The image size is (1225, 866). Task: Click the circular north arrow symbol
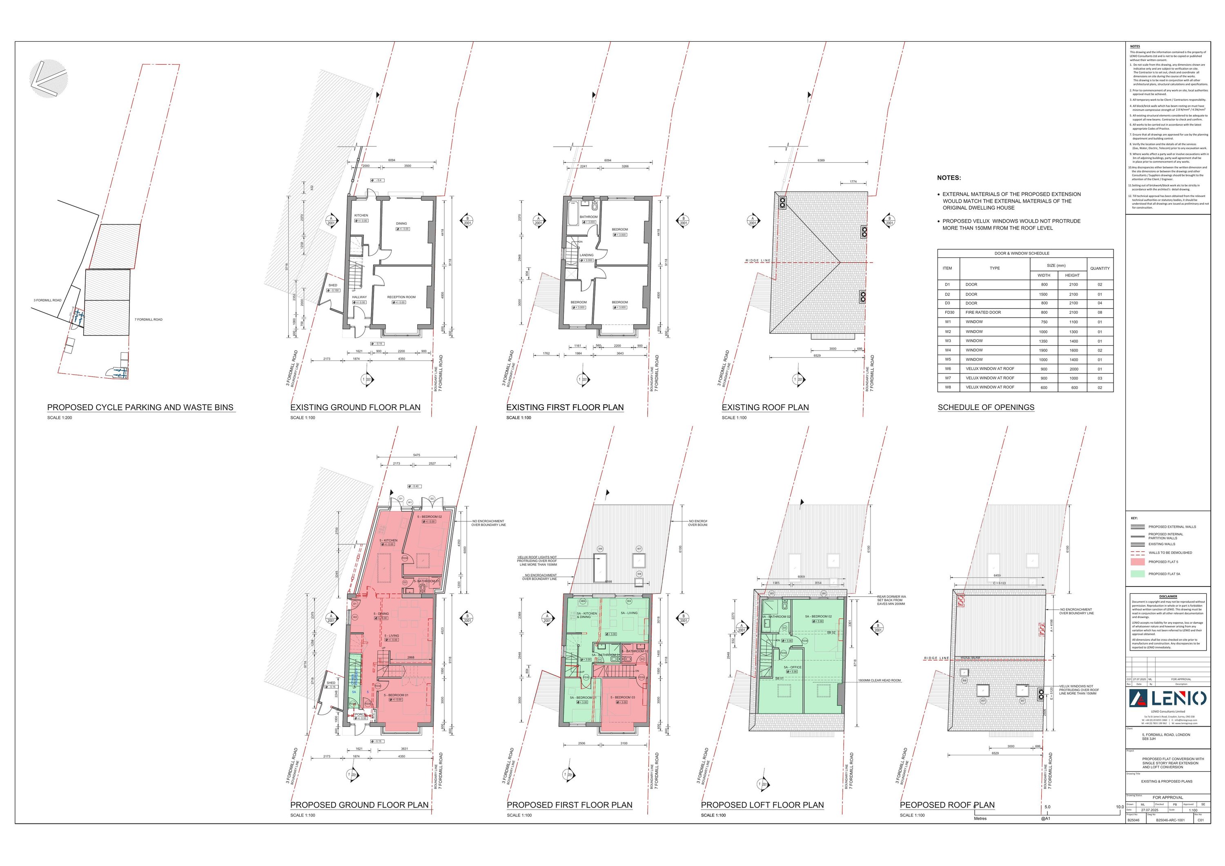(x=49, y=79)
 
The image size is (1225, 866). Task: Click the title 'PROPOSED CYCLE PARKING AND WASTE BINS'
(x=140, y=407)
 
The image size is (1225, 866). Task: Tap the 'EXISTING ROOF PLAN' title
(x=765, y=407)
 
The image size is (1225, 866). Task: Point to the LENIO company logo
(x=1167, y=698)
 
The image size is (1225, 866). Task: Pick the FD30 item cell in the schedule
(x=949, y=312)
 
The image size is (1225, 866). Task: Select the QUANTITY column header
(x=1100, y=269)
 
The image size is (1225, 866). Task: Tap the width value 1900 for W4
(x=1043, y=350)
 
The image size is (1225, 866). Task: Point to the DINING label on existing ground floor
(x=401, y=224)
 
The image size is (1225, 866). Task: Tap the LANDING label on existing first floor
(x=586, y=255)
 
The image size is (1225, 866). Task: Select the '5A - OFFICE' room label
(x=792, y=667)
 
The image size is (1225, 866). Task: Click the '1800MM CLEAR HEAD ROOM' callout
(x=879, y=681)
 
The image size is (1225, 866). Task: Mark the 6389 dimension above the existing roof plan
(x=821, y=160)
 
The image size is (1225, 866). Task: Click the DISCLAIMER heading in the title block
(x=1168, y=596)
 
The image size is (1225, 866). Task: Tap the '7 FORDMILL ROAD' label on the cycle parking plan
(x=148, y=319)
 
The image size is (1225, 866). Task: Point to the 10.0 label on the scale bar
(x=1116, y=807)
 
